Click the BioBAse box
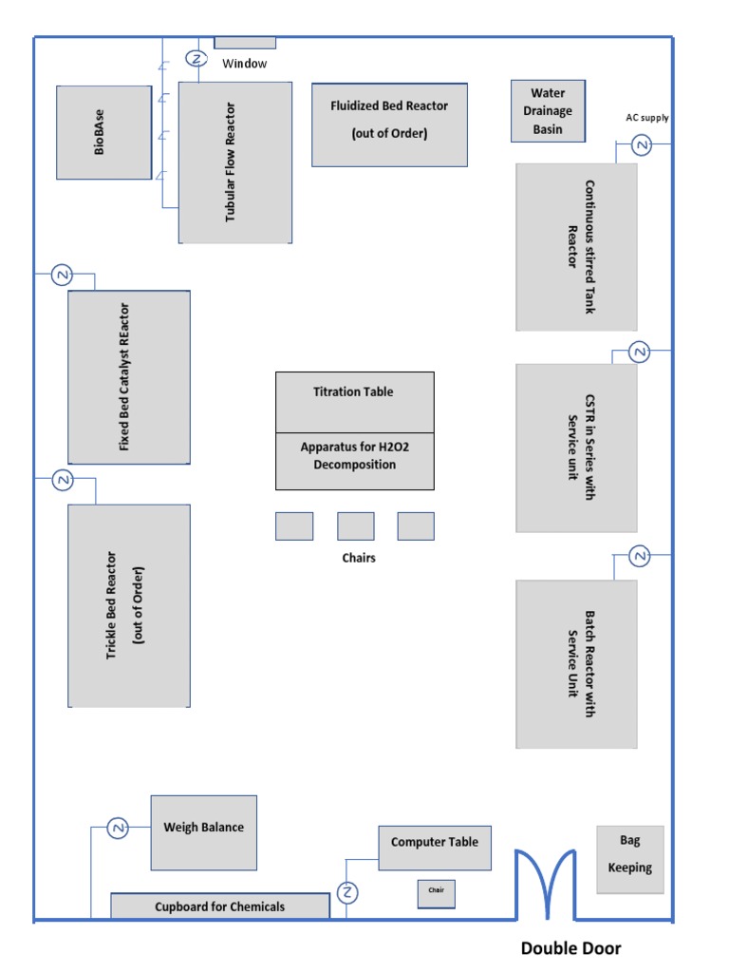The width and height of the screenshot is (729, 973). point(103,132)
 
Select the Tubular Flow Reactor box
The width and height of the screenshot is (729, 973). point(234,162)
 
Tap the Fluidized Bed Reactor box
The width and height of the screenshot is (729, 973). point(389,124)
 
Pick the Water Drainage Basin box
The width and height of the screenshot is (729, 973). point(548,111)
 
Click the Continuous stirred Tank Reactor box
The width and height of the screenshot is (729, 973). point(576,247)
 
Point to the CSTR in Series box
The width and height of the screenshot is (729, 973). point(576,448)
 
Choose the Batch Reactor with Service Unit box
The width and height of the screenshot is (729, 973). point(576,663)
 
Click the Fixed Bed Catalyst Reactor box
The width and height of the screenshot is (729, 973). point(129,377)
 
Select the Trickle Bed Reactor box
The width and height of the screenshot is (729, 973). point(129,605)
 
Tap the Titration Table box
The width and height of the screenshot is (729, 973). point(354,401)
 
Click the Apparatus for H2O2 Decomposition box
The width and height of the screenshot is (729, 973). point(354,461)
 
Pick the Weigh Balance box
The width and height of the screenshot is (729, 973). point(203,832)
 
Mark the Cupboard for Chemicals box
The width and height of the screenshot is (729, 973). point(219,906)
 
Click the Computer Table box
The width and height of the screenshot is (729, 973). point(435,847)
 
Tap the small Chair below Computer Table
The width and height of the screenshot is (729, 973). point(436,894)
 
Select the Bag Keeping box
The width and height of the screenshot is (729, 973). point(630,859)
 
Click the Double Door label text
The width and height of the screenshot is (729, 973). point(570,948)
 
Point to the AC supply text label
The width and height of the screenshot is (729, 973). point(646,118)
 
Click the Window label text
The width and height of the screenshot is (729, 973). point(245,64)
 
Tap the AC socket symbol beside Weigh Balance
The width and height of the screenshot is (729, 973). point(119,829)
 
